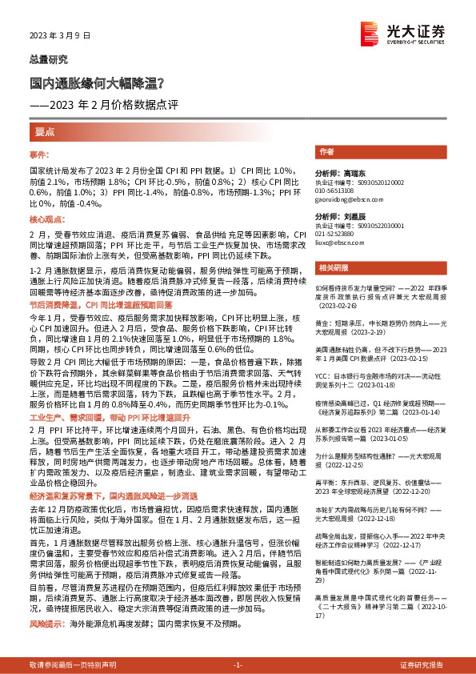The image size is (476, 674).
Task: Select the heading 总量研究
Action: click(x=49, y=59)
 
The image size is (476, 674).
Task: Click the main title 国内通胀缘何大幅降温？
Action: click(x=98, y=82)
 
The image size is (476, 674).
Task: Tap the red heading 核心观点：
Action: click(x=46, y=219)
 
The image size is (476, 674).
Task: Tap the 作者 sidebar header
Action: click(x=326, y=151)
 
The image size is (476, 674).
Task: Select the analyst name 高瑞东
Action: click(x=347, y=173)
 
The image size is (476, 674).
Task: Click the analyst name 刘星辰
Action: click(x=347, y=217)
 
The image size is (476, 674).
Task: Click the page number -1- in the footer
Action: click(x=237, y=664)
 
